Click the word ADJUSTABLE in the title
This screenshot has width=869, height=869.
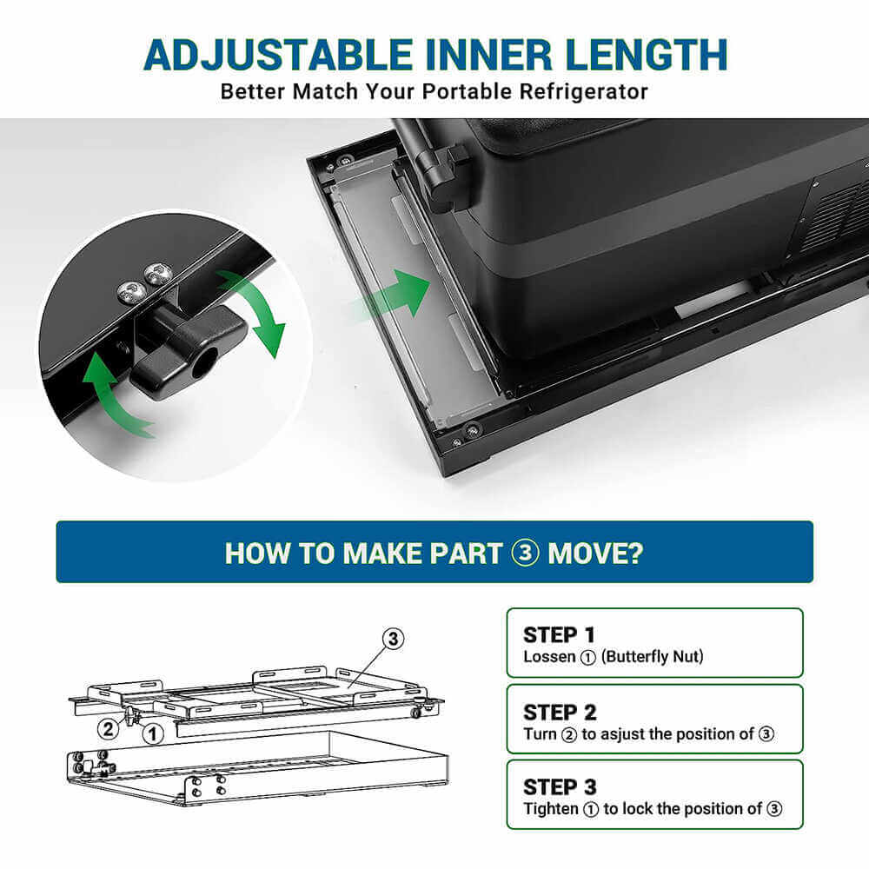coord(278,56)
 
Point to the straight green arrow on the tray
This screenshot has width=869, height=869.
coord(394,294)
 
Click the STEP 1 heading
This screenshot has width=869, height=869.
coord(559,634)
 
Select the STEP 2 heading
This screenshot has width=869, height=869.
coord(560,713)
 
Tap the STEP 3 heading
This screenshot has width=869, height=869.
coord(560,787)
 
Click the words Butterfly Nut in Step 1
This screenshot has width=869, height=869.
coord(653,657)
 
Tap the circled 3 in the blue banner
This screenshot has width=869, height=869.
coord(525,553)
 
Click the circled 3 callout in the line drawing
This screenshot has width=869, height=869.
coord(393,639)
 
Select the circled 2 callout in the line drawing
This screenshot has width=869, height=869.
coord(109,728)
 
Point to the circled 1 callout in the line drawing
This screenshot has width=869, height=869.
coord(153,734)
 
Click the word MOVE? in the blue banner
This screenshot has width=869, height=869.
coord(595,553)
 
